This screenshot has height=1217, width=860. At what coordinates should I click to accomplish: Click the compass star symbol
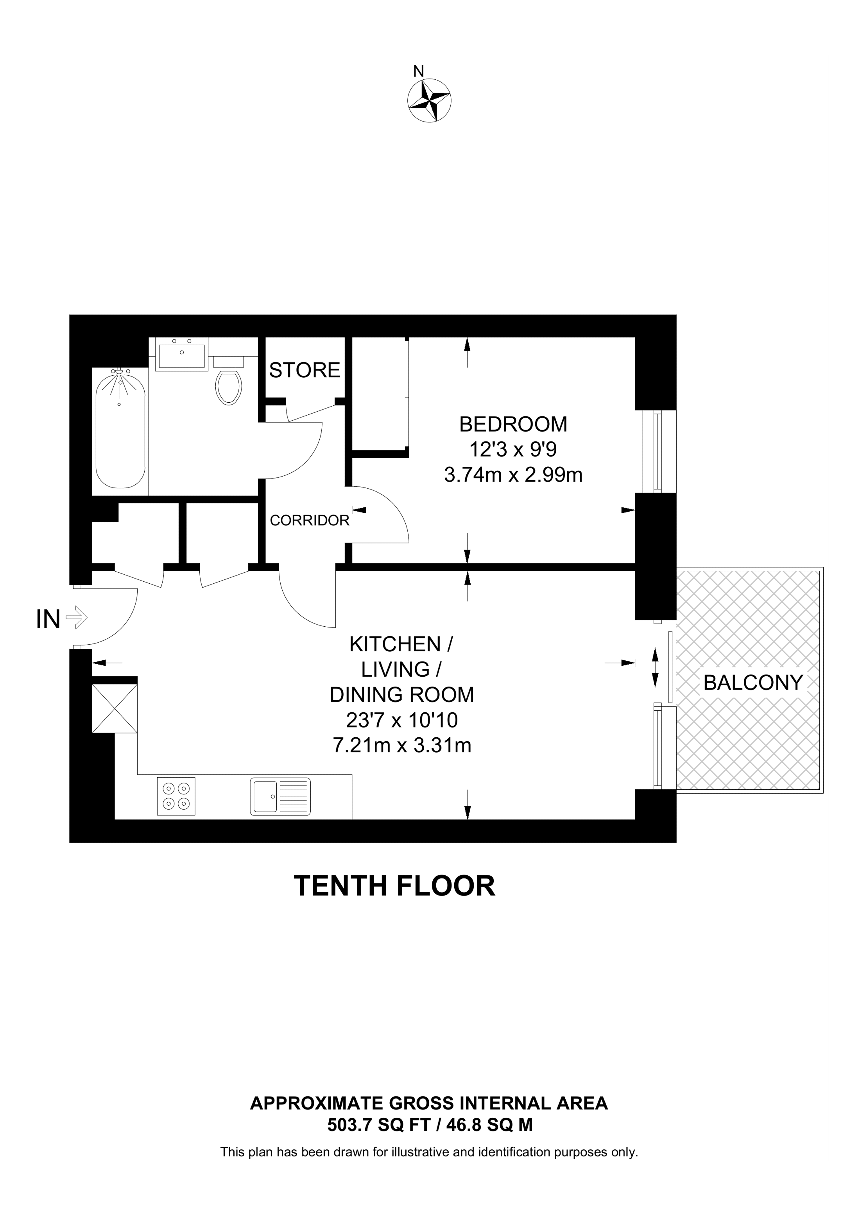(x=429, y=100)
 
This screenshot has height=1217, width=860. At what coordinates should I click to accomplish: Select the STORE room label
(x=304, y=370)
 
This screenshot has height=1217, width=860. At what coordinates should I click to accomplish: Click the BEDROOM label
(x=513, y=425)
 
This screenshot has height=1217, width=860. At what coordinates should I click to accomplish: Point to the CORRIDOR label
(x=310, y=520)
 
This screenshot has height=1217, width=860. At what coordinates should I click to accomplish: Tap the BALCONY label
(x=753, y=682)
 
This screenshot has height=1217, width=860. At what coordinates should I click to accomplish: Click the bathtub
(x=120, y=429)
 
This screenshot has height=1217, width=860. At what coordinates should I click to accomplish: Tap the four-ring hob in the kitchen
(x=176, y=796)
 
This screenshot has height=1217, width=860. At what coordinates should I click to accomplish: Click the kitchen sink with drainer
(x=280, y=796)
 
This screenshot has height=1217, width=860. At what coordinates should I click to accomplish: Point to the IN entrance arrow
(x=76, y=618)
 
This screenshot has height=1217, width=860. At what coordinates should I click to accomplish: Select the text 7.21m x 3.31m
(x=401, y=746)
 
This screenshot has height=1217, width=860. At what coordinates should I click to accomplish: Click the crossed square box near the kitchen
(x=115, y=708)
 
